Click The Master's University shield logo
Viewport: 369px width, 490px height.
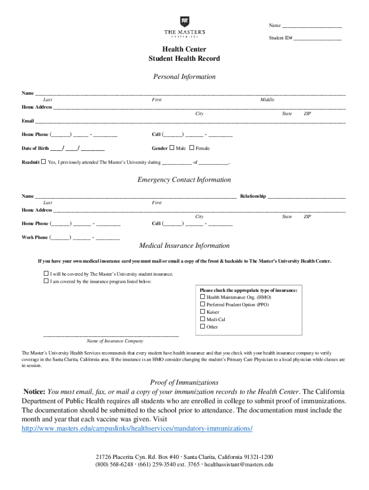click(x=184, y=22)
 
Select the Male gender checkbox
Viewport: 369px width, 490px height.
click(x=172, y=148)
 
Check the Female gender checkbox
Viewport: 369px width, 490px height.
click(x=192, y=148)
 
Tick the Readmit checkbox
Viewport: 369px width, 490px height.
click(x=44, y=162)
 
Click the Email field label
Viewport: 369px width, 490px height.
click(x=28, y=121)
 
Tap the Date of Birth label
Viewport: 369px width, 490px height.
click(x=35, y=148)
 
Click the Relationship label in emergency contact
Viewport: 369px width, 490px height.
click(x=253, y=196)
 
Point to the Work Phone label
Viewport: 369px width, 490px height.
click(x=35, y=237)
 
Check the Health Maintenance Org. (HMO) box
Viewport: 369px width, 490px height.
click(x=202, y=297)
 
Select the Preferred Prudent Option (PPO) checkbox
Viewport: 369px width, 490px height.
click(x=202, y=304)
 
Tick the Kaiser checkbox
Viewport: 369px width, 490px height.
click(x=202, y=312)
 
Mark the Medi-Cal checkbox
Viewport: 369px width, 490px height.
click(x=202, y=319)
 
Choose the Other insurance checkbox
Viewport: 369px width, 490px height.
click(x=202, y=327)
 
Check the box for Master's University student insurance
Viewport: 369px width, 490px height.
click(x=46, y=274)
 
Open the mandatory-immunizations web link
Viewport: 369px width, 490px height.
click(x=137, y=428)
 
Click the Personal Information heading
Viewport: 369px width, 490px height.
click(x=184, y=77)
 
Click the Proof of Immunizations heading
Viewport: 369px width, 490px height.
click(x=184, y=382)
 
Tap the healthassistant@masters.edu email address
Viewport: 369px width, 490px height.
click(x=239, y=464)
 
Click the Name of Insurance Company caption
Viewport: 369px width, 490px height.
click(x=115, y=341)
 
